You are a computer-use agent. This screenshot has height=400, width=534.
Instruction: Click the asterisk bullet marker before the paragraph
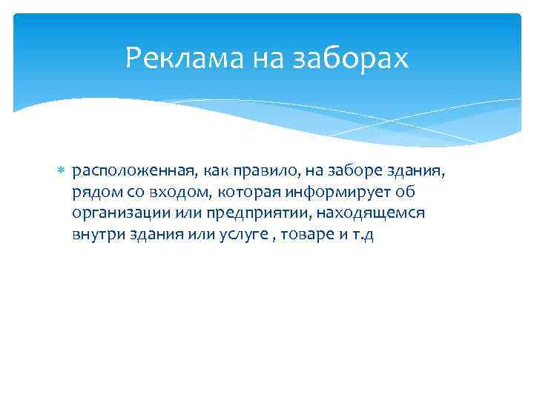coord(62,172)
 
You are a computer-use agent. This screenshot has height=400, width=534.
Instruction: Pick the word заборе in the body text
coord(343,172)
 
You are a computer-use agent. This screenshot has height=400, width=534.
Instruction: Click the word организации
coord(119,213)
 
